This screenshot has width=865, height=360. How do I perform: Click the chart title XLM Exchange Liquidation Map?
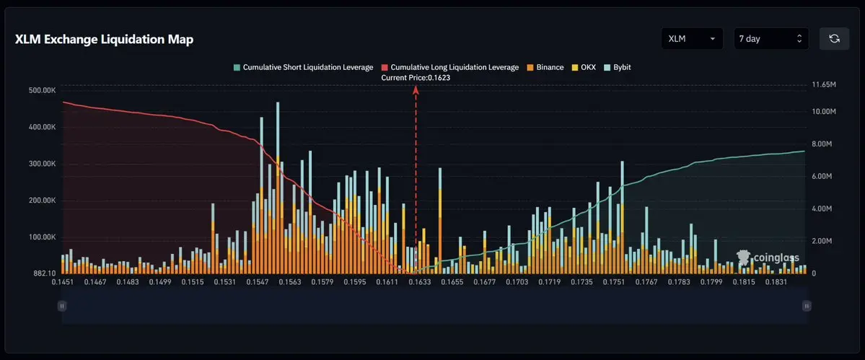105,40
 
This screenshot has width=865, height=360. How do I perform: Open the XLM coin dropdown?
692,38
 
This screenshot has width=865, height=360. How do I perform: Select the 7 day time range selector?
771,38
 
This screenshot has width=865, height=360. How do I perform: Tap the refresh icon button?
834,38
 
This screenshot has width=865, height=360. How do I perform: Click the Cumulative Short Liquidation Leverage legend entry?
304,67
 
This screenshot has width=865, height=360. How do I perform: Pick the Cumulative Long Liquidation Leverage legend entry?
450,67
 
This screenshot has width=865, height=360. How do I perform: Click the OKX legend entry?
584,67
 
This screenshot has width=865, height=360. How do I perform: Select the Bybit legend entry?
618,67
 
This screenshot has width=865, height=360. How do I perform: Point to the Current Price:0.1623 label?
416,78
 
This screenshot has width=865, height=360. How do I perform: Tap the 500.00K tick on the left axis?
43,90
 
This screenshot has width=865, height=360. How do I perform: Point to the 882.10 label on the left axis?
45,274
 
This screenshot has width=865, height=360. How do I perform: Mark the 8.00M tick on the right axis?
824,144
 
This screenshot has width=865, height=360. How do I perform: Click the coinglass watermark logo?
768,258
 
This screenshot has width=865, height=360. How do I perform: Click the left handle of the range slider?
62,305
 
